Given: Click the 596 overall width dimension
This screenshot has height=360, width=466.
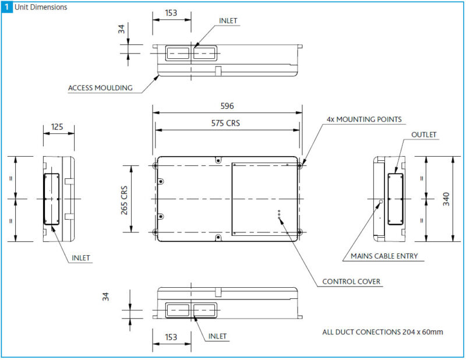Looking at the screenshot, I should [x=227, y=106].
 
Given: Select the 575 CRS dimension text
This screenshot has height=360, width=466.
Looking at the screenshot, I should [x=227, y=123].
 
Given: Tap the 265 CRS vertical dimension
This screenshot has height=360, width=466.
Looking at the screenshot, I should [x=125, y=199].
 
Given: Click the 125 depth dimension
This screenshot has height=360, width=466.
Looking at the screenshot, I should [x=57, y=126].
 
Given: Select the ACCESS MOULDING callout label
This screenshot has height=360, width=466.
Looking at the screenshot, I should [x=100, y=89].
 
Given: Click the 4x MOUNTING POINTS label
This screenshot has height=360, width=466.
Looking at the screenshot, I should [x=364, y=119].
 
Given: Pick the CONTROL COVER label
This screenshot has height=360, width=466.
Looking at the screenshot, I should [x=351, y=282].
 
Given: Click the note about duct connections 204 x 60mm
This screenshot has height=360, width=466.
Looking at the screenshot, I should [x=383, y=332].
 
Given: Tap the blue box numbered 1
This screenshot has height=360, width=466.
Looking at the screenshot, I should [x=6, y=7].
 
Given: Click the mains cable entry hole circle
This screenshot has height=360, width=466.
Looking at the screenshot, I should [x=381, y=202].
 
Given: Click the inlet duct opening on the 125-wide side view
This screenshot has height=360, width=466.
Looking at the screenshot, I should [x=51, y=199].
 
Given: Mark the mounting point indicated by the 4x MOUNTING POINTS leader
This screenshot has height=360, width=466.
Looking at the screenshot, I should [x=299, y=166].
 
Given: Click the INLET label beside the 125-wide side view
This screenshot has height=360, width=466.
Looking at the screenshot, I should [x=82, y=257].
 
